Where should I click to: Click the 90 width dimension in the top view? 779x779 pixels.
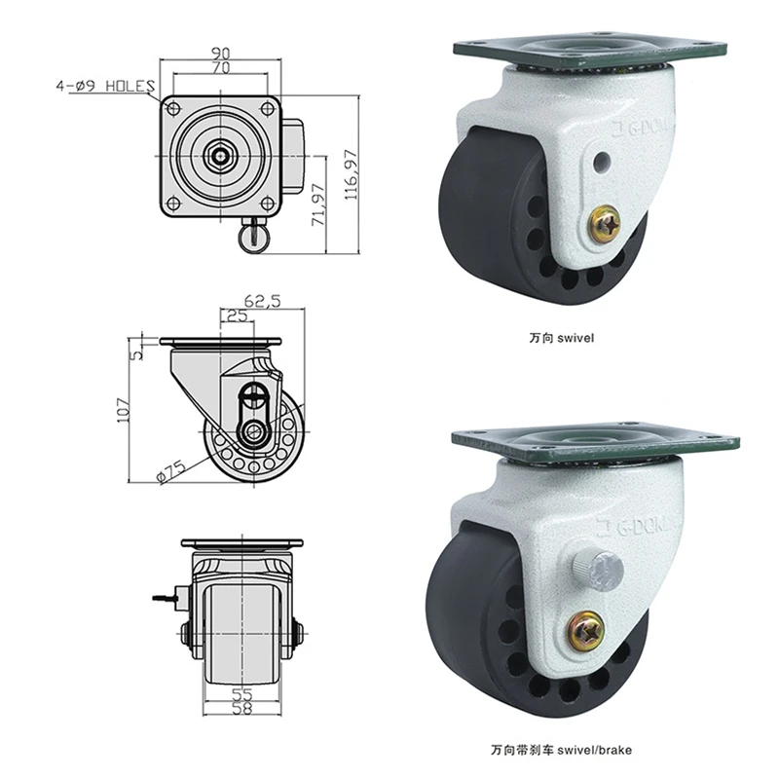pos(221,53)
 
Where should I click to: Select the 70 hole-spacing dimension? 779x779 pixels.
pos(221,67)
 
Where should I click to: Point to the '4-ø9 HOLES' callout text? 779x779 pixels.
pos(105,86)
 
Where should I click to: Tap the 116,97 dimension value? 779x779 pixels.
pos(352,174)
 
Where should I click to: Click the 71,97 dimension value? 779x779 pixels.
pos(318,204)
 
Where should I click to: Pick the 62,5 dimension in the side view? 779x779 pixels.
pos(262,301)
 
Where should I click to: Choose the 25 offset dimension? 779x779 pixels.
pos(237,315)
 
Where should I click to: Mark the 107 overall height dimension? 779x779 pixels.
pos(123,410)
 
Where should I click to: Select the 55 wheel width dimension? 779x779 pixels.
pos(241,694)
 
